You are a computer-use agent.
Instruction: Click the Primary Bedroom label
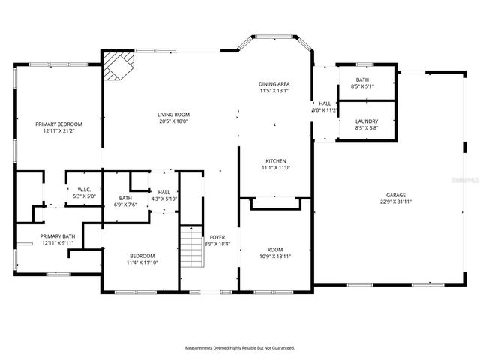[58, 124]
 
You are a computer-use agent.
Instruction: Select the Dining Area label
[274, 84]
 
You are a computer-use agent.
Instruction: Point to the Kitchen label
[275, 161]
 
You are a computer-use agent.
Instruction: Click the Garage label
[397, 195]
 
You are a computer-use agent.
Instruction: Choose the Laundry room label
[366, 121]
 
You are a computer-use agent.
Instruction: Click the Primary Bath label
[58, 236]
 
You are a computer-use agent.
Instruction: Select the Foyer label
[217, 237]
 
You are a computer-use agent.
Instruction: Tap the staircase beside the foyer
[193, 247]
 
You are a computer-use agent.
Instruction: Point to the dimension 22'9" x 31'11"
[397, 202]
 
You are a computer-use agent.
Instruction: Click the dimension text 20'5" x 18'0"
[172, 121]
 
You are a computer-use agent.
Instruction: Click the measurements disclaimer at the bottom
[240, 348]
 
